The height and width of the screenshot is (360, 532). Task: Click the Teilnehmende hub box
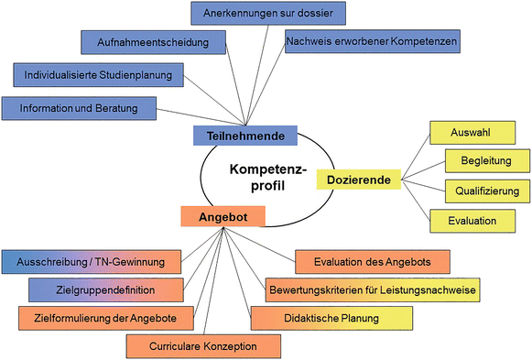pyautogui.click(x=245, y=136)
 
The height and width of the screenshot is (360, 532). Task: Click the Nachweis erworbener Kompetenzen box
pyautogui.click(x=371, y=42)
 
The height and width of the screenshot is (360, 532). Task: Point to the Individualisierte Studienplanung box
pyautogui.click(x=100, y=73)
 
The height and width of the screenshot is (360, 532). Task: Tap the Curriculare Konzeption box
pyautogui.click(x=203, y=346)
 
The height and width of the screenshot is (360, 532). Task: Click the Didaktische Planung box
pyautogui.click(x=331, y=318)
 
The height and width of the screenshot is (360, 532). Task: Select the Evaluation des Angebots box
pyautogui.click(x=373, y=262)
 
